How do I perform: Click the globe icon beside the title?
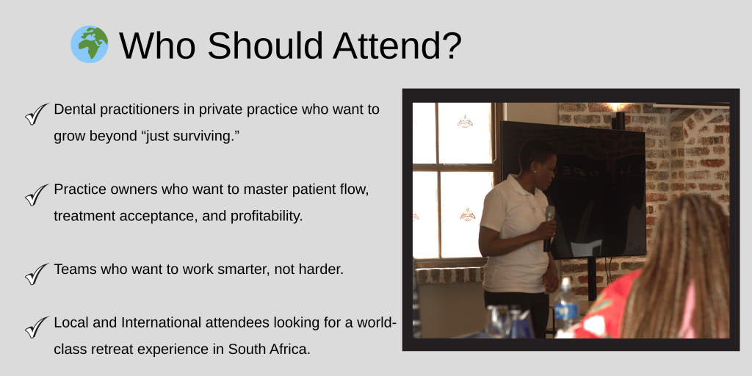pyautogui.click(x=89, y=45)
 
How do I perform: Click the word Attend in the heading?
pyautogui.click(x=397, y=46)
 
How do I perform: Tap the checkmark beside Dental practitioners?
pyautogui.click(x=37, y=114)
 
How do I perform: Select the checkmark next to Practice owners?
pyautogui.click(x=37, y=195)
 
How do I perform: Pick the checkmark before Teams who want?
pyautogui.click(x=37, y=274)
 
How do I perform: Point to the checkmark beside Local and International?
pyautogui.click(x=37, y=327)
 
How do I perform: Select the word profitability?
pyautogui.click(x=267, y=217)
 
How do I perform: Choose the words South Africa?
pyautogui.click(x=269, y=350)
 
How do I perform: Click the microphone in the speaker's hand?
pyautogui.click(x=549, y=228)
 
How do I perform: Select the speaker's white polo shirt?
pyautogui.click(x=516, y=234)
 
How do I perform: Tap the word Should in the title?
pyautogui.click(x=264, y=46)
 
